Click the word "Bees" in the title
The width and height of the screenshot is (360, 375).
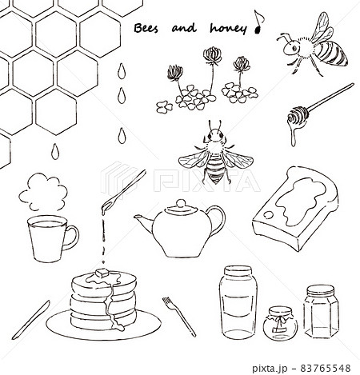tap(146, 28)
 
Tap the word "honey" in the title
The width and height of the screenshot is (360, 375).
tap(228, 29)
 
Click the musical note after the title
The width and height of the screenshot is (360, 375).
tap(258, 22)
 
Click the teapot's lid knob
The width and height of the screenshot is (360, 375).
tap(182, 203)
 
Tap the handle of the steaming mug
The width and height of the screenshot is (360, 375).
tap(71, 237)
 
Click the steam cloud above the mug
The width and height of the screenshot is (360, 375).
tap(43, 191)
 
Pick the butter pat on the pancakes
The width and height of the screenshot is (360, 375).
tap(102, 273)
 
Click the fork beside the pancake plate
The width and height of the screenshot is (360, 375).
tap(179, 317)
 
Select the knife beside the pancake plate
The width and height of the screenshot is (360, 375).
tap(30, 320)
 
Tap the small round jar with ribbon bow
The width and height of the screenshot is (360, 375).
tap(280, 323)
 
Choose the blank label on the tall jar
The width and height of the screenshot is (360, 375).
tap(237, 305)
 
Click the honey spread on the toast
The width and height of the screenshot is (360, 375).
tap(301, 201)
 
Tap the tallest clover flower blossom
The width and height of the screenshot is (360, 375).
tap(213, 55)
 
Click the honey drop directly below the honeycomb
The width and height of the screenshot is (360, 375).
tap(55, 151)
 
